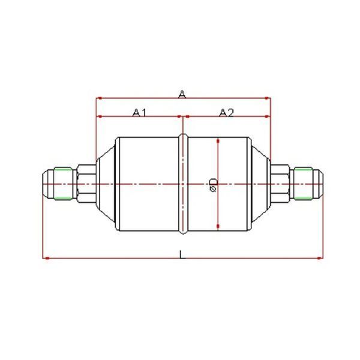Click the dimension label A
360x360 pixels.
(182, 94)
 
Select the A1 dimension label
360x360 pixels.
(139, 113)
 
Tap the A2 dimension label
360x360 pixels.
(226, 113)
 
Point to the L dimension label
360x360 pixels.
(182, 254)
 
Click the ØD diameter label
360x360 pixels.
(214, 184)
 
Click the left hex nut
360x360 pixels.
(86, 184)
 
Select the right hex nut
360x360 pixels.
(280, 184)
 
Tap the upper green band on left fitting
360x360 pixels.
(63, 169)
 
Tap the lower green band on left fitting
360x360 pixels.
(63, 198)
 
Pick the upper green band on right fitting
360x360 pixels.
(303, 169)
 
